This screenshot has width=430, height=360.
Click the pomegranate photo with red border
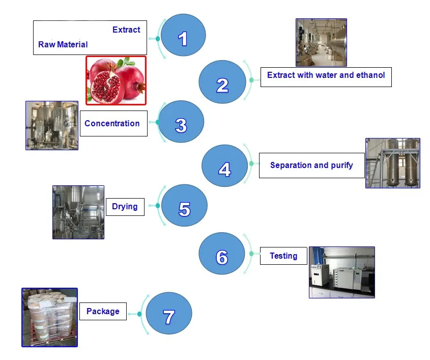(116, 80)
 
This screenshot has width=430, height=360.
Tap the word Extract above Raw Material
(126, 30)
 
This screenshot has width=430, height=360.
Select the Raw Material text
(63, 45)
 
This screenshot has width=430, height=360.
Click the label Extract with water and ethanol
(326, 75)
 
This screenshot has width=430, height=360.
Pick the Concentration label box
(113, 123)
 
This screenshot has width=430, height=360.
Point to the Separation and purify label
(311, 165)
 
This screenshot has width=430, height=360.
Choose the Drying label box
(125, 206)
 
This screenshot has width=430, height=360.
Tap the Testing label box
(283, 256)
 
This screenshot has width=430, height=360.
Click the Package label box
(103, 311)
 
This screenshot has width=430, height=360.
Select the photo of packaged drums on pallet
(49, 317)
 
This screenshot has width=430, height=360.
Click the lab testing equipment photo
(341, 272)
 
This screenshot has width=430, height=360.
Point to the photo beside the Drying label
(78, 212)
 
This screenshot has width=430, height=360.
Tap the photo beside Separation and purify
(392, 163)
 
